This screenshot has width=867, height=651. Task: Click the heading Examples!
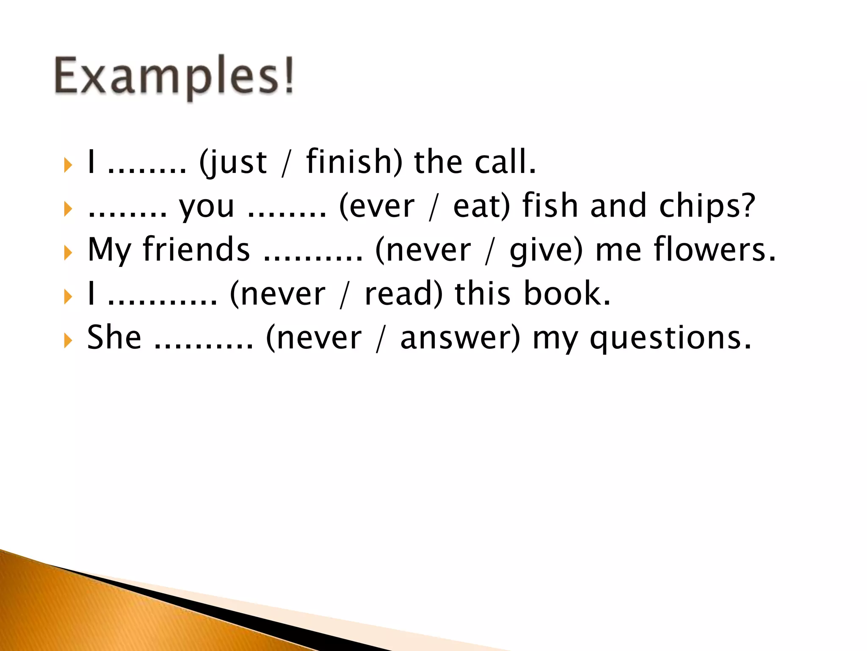pos(174,76)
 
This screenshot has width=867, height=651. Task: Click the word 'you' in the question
pos(207,207)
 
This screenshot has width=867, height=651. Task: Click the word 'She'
pos(114,337)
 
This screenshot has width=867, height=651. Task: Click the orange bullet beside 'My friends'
pos(68,253)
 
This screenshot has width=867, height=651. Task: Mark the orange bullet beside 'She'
pos(68,340)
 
